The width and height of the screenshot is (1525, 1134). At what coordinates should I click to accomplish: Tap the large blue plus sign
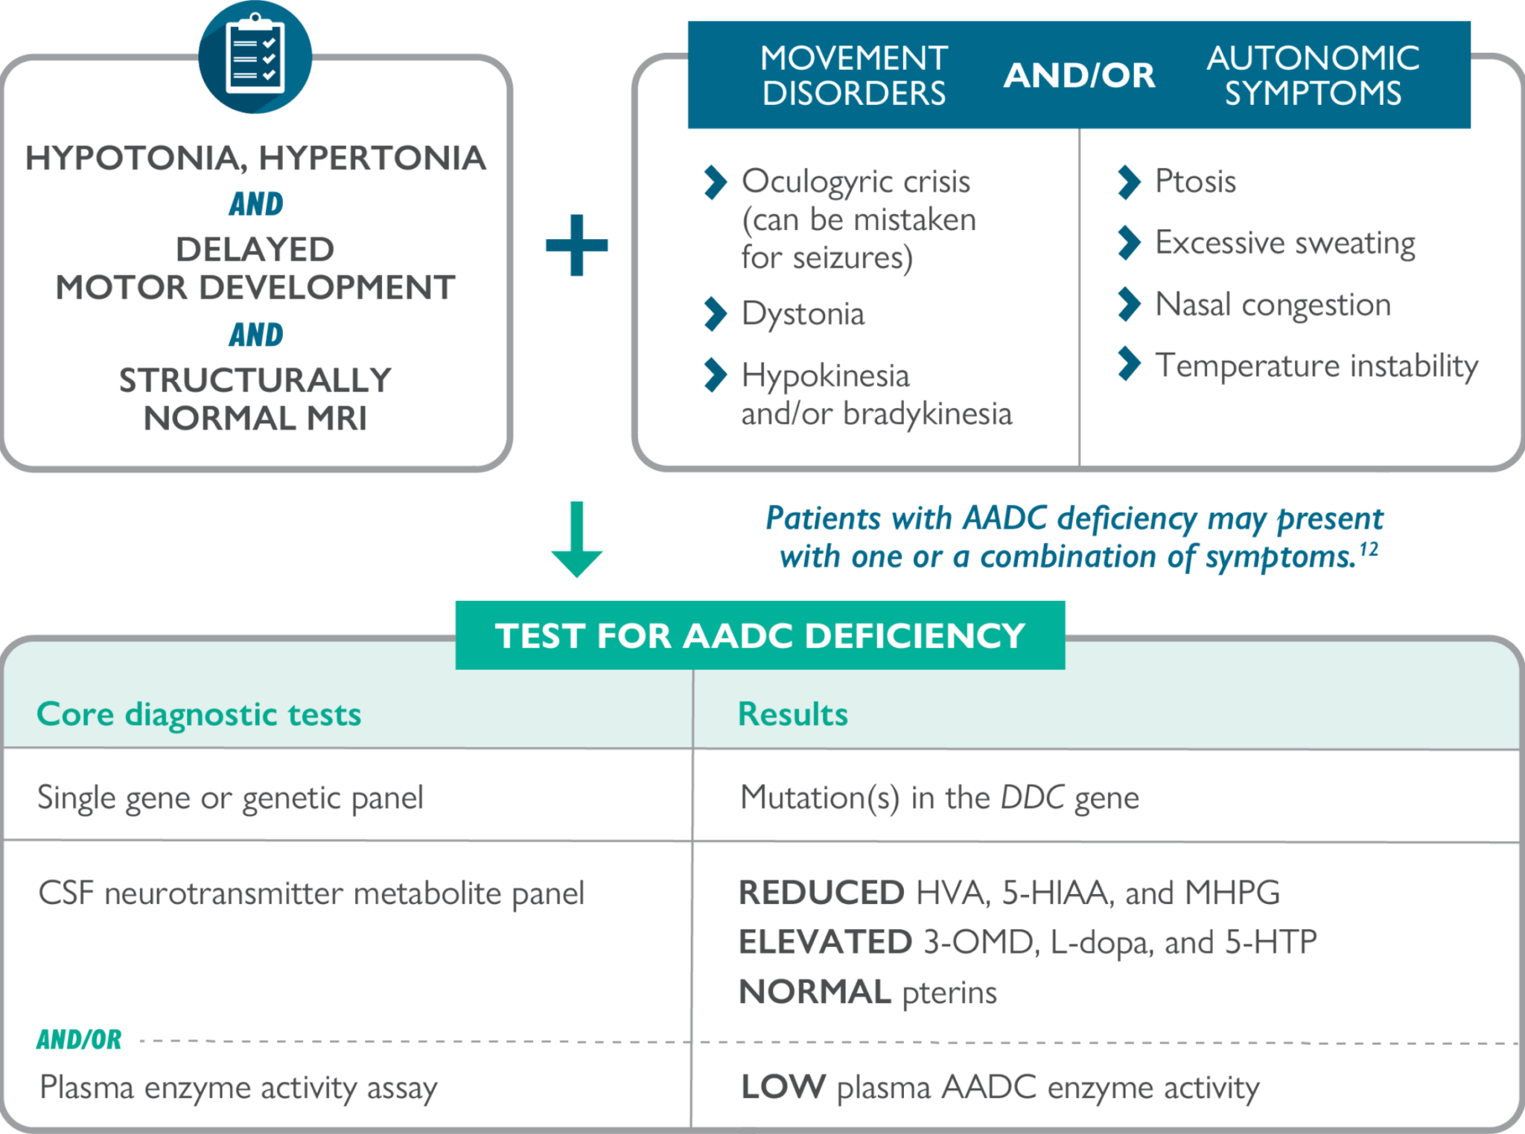576,246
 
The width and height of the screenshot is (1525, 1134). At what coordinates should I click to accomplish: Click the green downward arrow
576,540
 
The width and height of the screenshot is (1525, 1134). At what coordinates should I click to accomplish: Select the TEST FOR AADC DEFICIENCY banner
760,635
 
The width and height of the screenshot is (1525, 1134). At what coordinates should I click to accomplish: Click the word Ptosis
1194,181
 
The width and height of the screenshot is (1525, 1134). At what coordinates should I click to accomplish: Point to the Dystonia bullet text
803,313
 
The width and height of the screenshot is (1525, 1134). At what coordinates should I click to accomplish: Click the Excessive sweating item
1284,243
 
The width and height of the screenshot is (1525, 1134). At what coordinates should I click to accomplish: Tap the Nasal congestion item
1272,305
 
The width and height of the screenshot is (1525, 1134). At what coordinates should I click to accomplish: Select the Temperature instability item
1316,366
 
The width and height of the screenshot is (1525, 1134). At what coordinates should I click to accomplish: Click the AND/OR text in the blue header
1079,75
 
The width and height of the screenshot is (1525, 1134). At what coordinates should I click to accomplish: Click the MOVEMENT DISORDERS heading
853,75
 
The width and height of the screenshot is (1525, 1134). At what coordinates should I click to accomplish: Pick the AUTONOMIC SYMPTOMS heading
1313,75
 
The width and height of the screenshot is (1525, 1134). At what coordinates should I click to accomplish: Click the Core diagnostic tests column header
199,714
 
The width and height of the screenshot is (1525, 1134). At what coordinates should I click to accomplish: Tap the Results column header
792,714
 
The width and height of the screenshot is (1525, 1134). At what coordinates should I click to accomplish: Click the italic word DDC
1032,797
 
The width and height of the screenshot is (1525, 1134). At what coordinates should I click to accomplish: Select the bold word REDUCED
821,893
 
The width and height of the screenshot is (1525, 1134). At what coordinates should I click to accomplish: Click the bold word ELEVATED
824,942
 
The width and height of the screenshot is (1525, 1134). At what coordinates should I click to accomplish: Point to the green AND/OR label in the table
79,1039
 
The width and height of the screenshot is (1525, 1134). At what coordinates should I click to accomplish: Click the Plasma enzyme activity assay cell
238,1088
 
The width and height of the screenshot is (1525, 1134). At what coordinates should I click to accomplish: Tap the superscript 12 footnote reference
1369,550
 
